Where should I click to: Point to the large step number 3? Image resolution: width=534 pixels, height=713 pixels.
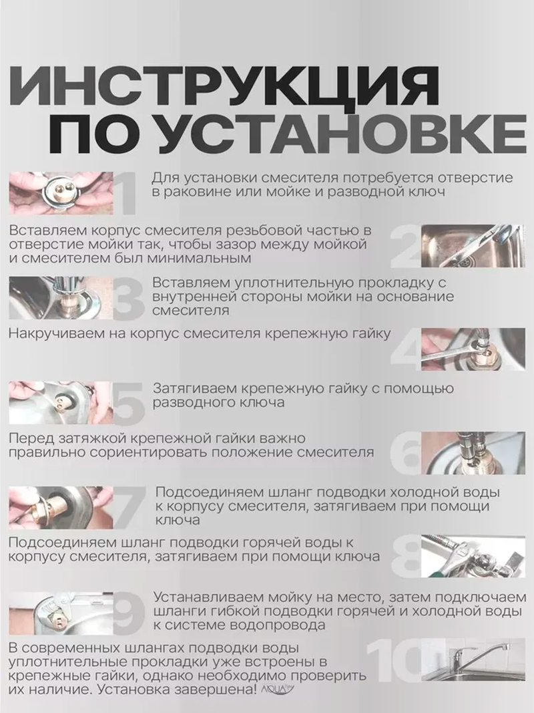pos(125,299)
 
